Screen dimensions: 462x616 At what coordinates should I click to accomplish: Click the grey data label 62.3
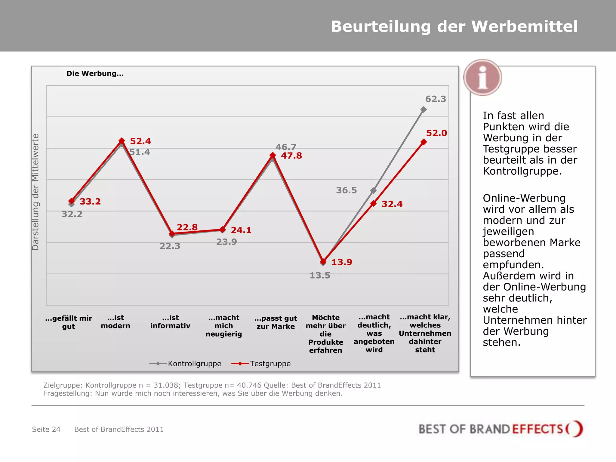(435, 99)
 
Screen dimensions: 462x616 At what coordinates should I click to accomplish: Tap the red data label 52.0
(436, 133)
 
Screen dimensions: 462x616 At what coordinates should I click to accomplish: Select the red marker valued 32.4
(373, 204)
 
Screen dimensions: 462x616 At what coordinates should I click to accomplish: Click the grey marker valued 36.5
(373, 191)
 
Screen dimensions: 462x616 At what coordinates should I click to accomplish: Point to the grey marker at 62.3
(423, 109)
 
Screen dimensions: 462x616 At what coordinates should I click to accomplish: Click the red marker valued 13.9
(323, 261)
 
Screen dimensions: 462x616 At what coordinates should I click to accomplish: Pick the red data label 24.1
(241, 230)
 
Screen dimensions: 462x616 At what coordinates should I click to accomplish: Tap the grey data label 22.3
(170, 246)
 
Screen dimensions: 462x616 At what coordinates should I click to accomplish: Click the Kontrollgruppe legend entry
(186, 364)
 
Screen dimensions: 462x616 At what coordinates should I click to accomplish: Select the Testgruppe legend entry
(261, 364)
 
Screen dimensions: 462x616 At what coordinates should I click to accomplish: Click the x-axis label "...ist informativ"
(170, 322)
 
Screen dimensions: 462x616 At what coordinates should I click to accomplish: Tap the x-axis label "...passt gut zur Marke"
(276, 322)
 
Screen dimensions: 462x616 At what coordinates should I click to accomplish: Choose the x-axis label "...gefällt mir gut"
(69, 322)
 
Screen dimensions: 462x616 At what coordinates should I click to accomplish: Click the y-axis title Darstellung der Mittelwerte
(35, 192)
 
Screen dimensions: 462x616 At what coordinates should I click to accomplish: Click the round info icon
(482, 78)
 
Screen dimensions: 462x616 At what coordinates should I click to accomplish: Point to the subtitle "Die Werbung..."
(95, 74)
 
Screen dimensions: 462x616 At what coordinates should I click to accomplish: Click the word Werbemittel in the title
(524, 26)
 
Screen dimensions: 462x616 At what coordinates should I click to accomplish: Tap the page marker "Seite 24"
(46, 429)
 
